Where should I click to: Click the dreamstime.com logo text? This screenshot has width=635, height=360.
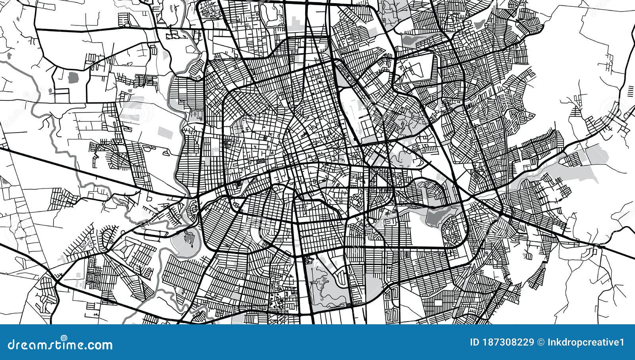point(60,345)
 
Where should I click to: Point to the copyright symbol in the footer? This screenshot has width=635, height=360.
point(540,342)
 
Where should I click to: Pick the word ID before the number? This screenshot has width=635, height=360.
point(473,342)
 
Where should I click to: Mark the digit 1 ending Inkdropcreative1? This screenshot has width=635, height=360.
point(622,342)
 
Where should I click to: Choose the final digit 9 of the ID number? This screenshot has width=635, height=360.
point(531,342)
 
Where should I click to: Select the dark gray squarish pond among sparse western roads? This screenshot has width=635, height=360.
point(73,77)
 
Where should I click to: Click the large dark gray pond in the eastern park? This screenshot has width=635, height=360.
point(437,216)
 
